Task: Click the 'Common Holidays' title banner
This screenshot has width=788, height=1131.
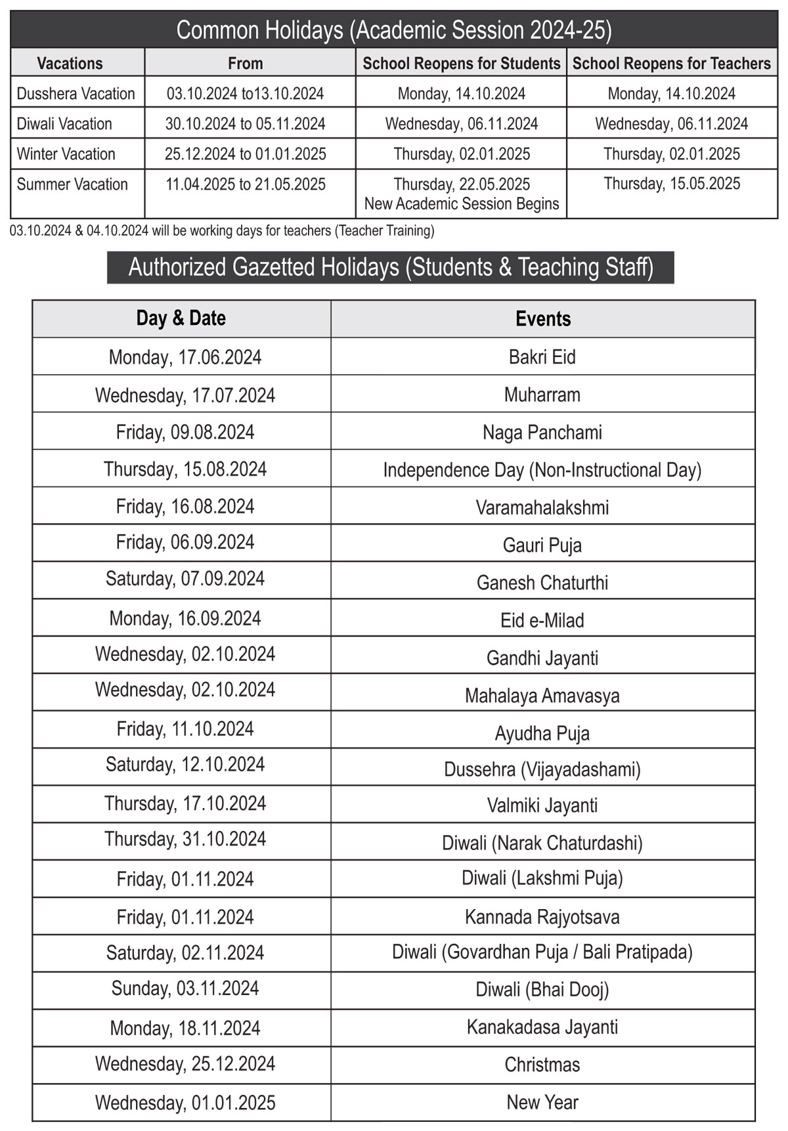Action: tap(394, 30)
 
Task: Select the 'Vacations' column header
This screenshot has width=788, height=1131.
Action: tap(70, 64)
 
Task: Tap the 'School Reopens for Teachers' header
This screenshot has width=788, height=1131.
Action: tap(671, 64)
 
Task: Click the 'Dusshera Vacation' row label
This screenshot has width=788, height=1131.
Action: tap(76, 94)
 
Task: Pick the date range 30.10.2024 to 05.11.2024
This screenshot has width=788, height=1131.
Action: tap(245, 124)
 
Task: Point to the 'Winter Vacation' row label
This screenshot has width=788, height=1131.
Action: tap(66, 154)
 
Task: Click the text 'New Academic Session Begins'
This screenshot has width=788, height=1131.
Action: tap(462, 204)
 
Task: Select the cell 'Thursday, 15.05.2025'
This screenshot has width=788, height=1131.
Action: tap(672, 184)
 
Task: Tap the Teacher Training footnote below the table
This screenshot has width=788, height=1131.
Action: tap(222, 231)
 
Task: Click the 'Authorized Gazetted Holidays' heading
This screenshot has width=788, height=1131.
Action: tap(391, 268)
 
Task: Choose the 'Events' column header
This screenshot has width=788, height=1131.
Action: tap(542, 319)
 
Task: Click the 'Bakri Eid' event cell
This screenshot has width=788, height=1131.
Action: tap(542, 357)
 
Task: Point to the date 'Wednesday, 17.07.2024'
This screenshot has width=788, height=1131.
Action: tap(185, 395)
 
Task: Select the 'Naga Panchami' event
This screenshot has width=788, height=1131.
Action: tap(542, 433)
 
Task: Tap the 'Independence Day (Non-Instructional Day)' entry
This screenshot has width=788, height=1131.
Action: tap(542, 470)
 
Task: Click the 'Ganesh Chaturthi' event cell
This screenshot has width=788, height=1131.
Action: tap(542, 583)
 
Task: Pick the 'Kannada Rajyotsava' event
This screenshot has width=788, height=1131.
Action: tap(542, 917)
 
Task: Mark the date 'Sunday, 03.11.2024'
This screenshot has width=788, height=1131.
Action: tap(185, 989)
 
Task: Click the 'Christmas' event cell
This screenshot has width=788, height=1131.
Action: tap(542, 1065)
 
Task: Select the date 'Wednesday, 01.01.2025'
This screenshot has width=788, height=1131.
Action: tap(185, 1103)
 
